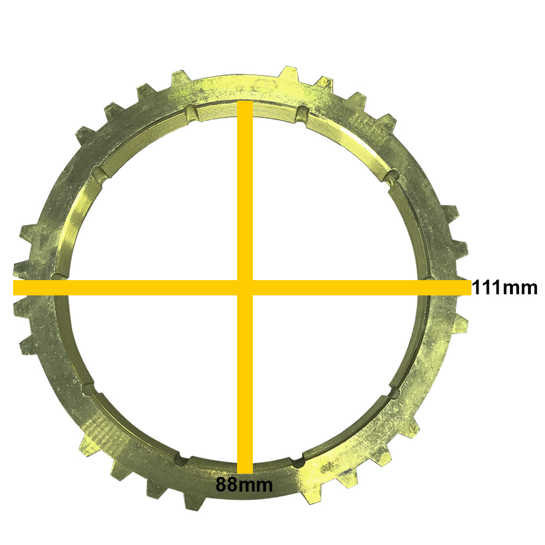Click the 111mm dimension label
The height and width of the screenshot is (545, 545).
504,288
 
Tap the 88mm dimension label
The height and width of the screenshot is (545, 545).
244,484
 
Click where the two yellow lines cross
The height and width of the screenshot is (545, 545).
245,288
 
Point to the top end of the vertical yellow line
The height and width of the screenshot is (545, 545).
245,101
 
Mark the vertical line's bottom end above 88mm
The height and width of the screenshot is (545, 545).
245,473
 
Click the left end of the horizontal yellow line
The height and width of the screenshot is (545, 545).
14,288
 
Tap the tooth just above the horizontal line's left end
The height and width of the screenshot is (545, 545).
22,268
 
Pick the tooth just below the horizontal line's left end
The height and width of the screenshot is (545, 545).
22,307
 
